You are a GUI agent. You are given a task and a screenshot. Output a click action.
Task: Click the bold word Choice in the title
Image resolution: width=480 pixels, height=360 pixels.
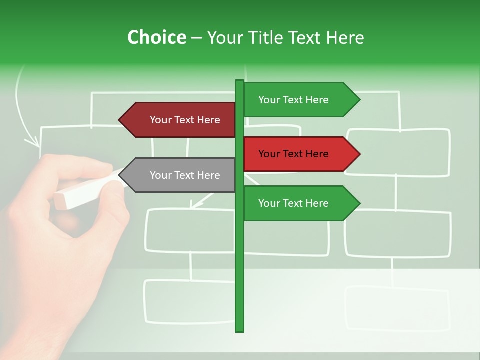click(156, 37)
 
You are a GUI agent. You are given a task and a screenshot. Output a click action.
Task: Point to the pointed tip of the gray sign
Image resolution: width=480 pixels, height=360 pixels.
click(120, 175)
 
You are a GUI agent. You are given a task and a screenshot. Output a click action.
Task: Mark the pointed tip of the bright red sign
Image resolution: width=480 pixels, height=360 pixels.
click(359, 154)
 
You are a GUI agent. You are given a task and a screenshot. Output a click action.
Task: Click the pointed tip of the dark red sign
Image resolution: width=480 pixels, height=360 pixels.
click(120, 120)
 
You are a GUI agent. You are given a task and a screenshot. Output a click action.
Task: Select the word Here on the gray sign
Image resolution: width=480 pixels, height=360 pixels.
click(208, 175)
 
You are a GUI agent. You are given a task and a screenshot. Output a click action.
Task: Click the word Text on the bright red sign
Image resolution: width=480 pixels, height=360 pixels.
click(293, 154)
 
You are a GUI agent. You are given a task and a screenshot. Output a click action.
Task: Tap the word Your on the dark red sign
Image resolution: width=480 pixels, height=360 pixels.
click(160, 120)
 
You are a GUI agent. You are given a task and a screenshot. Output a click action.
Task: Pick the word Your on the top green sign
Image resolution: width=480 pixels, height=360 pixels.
click(269, 100)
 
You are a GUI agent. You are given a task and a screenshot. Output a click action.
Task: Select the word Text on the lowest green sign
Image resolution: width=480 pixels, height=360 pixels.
click(293, 203)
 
